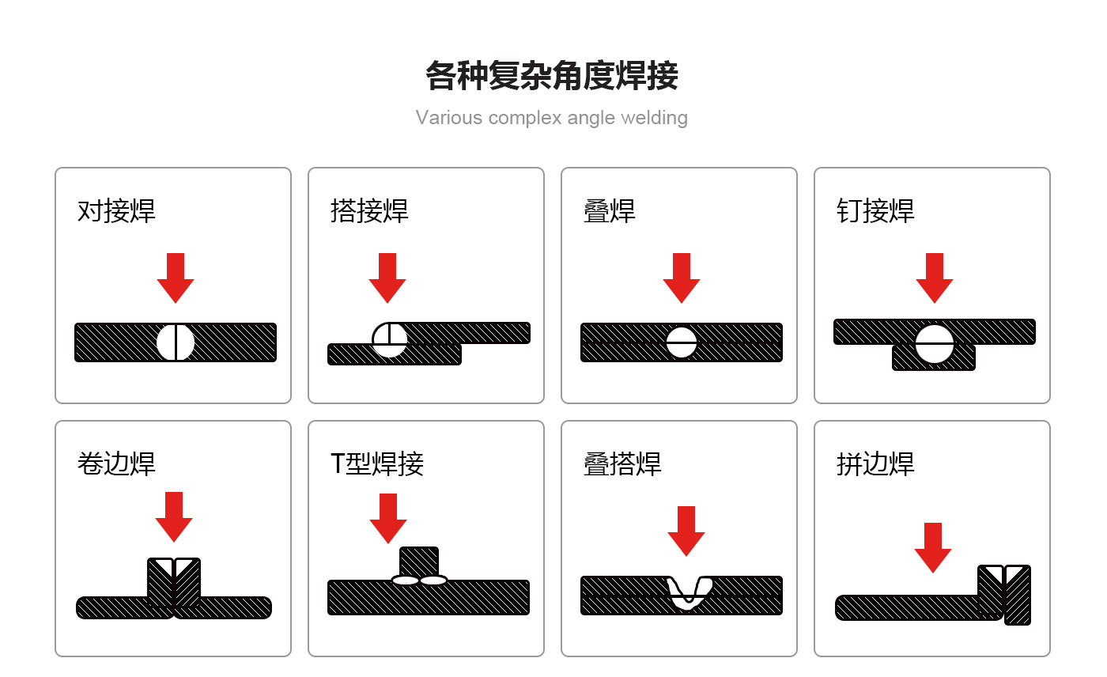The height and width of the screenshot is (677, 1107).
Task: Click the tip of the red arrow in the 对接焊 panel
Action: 176,302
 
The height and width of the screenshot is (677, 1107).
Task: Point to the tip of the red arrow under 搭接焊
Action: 387,302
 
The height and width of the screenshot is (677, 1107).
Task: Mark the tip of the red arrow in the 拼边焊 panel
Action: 933,573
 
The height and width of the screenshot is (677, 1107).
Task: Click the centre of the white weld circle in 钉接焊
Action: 934,344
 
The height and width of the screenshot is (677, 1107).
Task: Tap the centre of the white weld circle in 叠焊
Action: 682,342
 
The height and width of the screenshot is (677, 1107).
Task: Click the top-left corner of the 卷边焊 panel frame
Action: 55,421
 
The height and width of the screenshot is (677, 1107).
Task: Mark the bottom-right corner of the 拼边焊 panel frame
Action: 1050,656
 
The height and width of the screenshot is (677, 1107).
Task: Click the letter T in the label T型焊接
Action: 337,463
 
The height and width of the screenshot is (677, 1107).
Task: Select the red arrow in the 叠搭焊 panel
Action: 686,531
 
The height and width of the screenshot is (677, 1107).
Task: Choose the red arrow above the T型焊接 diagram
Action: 388,518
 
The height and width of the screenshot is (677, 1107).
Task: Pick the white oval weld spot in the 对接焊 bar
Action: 176,342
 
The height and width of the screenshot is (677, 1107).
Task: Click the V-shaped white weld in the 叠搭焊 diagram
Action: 689,592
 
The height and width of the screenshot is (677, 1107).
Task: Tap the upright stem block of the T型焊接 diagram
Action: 419,562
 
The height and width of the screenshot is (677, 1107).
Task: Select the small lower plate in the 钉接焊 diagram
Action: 934,357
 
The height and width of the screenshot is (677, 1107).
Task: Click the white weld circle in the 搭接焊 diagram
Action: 389,339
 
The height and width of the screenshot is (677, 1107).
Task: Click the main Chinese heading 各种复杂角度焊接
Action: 552,76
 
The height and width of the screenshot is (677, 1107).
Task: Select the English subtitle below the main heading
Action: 552,118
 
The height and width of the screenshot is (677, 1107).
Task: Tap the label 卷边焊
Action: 117,463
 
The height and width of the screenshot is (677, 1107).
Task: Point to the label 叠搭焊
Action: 623,463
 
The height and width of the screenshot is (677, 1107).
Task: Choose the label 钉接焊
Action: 876,210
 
